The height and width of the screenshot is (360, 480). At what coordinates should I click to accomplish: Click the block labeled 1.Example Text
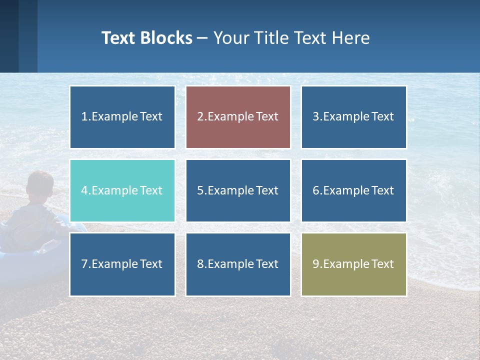(x=122, y=117)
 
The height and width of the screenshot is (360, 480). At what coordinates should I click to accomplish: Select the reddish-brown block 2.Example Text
(x=238, y=117)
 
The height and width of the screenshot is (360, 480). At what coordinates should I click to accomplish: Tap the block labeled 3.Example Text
(x=353, y=117)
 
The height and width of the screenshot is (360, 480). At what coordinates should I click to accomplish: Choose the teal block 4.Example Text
(x=122, y=190)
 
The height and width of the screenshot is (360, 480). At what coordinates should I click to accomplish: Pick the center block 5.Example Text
(x=238, y=190)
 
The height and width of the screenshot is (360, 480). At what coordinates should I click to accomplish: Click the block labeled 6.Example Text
(x=353, y=190)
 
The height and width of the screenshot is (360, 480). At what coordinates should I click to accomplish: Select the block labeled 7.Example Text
(x=122, y=264)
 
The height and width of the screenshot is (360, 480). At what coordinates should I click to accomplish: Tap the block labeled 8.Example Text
(x=238, y=264)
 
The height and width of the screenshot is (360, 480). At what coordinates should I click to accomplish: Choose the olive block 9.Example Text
(x=353, y=264)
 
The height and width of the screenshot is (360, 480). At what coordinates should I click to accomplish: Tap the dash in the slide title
(x=202, y=38)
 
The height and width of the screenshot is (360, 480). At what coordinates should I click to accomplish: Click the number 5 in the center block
(x=200, y=190)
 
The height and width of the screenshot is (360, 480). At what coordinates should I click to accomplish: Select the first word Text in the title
(x=118, y=38)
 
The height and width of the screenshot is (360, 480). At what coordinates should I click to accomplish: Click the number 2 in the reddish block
(x=200, y=117)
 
